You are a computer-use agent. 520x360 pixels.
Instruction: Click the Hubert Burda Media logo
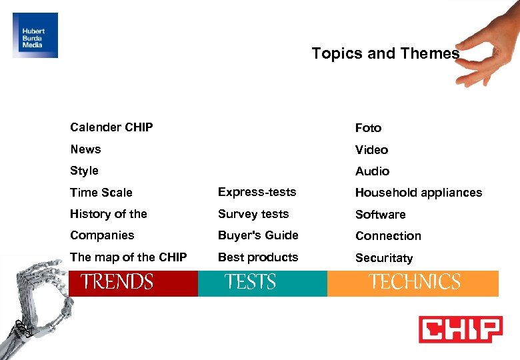(x=35, y=35)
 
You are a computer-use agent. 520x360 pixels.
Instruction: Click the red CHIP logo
(x=460, y=329)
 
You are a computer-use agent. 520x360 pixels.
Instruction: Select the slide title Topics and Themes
(x=385, y=53)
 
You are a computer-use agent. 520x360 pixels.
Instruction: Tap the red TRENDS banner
(x=133, y=283)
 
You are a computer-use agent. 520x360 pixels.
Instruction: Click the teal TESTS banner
(x=262, y=283)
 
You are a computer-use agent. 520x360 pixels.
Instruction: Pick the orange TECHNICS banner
(x=413, y=283)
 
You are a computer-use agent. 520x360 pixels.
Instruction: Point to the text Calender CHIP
(x=111, y=127)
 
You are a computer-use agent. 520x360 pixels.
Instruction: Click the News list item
(x=85, y=149)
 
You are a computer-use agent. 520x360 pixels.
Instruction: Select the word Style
(x=84, y=171)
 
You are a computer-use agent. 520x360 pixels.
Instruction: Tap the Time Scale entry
(x=101, y=193)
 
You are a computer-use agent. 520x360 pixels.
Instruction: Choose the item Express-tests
(x=257, y=192)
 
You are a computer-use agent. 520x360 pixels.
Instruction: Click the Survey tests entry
(x=253, y=214)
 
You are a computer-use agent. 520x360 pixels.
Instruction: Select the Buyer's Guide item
(x=258, y=235)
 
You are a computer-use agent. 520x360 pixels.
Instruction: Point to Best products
(x=258, y=257)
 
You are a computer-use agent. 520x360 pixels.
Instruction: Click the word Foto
(x=368, y=127)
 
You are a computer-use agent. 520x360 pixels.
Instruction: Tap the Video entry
(x=371, y=149)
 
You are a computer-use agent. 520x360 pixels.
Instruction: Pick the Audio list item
(x=372, y=171)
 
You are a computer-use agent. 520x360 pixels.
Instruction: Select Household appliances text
(x=418, y=193)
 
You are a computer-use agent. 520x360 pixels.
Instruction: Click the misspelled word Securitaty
(x=383, y=257)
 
